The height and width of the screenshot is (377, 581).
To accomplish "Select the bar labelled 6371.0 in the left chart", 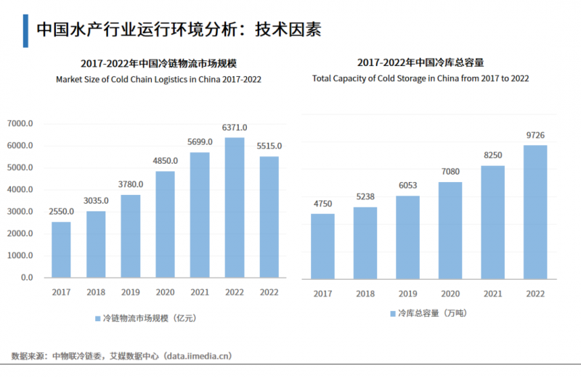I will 234,207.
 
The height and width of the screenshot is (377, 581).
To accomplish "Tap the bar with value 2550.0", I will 61,249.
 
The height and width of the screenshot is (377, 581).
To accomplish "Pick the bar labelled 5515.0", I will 269,217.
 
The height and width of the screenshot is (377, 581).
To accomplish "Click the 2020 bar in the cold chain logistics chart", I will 165,224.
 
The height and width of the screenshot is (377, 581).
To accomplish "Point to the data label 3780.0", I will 131,184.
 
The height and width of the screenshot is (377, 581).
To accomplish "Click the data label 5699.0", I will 200,142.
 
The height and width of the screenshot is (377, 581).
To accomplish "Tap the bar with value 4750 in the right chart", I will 322,246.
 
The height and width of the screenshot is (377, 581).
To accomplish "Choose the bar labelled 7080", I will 450,230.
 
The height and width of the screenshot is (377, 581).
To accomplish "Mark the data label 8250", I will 492,155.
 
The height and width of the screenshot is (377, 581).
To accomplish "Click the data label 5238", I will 365,196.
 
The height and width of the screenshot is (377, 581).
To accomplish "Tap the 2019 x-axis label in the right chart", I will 407,294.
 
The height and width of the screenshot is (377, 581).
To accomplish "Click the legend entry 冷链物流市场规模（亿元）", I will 145,318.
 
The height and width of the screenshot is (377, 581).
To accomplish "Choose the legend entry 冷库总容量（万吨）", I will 428,313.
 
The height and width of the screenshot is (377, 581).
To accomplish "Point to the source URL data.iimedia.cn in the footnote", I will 196,356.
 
